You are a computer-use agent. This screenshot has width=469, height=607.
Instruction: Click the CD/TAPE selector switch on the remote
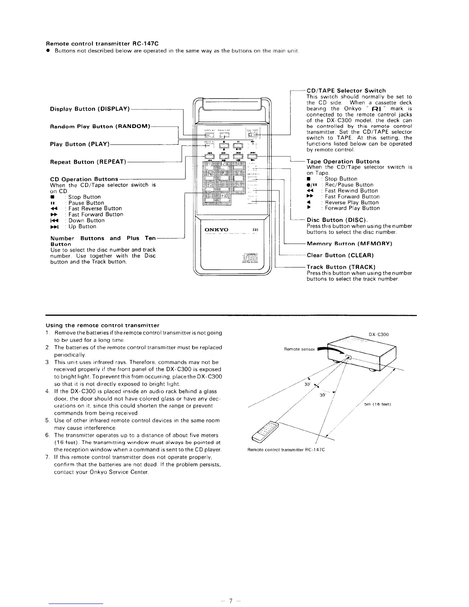(x=253, y=135)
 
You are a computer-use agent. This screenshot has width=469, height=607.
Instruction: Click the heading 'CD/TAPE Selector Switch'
(x=346, y=91)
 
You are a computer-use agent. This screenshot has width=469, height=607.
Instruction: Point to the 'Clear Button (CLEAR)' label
(x=340, y=255)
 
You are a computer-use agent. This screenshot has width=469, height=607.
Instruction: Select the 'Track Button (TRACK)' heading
(x=341, y=267)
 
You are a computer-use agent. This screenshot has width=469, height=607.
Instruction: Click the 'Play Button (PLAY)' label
(x=80, y=144)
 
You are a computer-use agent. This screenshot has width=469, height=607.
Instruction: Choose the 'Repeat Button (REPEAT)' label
(x=88, y=162)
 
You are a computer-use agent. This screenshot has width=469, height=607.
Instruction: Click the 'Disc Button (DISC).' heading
(x=337, y=220)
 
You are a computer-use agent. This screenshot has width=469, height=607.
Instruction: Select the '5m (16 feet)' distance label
(x=377, y=404)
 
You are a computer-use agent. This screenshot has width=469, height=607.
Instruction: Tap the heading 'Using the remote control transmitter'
(x=102, y=325)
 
